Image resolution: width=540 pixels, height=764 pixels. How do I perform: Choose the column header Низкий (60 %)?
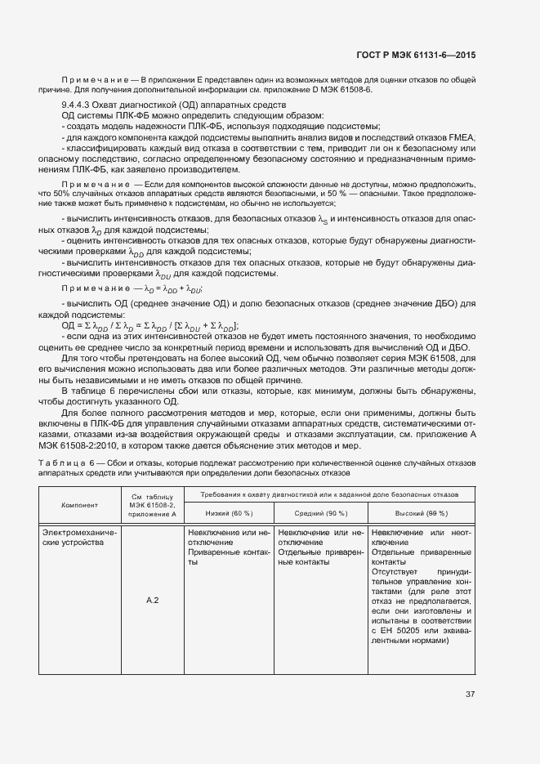click(x=225, y=512)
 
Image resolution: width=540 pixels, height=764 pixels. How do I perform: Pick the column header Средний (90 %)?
click(x=319, y=512)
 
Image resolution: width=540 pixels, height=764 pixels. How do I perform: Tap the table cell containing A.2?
click(x=151, y=601)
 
